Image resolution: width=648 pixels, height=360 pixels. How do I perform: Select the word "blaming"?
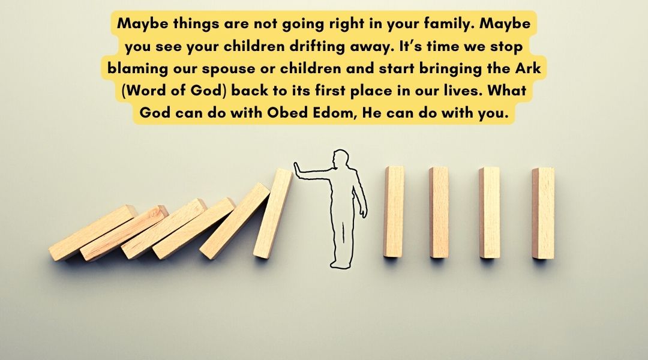[x=137, y=68]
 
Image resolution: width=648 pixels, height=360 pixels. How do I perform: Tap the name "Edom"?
[x=334, y=112]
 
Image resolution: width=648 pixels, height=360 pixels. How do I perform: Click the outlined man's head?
[x=341, y=159]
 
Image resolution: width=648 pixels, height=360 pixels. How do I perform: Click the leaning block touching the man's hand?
[x=273, y=213]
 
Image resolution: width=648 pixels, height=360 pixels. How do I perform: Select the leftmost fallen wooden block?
[x=93, y=233]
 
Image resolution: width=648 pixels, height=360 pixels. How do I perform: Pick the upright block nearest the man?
[x=394, y=212]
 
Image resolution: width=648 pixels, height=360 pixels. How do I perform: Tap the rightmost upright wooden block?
[x=543, y=213]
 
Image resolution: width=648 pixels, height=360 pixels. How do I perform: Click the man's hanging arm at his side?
[x=360, y=194]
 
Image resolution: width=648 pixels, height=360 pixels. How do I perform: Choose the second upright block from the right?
[x=490, y=212]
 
